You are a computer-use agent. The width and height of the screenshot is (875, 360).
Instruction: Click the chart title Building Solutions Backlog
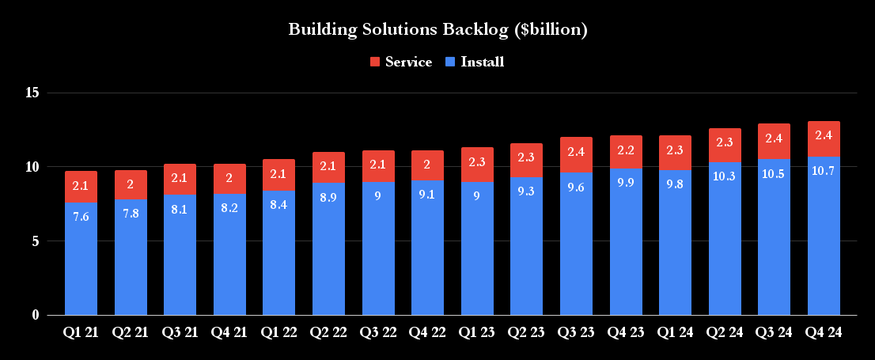(x=437, y=30)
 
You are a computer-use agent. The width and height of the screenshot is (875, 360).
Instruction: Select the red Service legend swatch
(x=375, y=62)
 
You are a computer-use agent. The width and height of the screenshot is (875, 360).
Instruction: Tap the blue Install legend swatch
(x=450, y=62)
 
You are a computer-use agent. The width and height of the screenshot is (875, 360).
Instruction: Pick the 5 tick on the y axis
(x=36, y=241)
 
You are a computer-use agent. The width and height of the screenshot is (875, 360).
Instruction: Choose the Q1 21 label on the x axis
(x=81, y=333)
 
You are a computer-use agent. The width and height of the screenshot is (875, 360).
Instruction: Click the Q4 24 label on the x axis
(x=824, y=333)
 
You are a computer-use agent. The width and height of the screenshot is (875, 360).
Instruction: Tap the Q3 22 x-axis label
(x=378, y=333)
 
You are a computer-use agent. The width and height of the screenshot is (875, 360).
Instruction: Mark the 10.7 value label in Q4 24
(x=824, y=170)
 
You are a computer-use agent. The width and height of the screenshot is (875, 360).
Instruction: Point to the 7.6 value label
(x=81, y=217)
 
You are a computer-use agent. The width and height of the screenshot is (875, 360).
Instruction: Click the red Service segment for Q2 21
(x=131, y=184)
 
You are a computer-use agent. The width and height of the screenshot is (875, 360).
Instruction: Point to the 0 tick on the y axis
(x=36, y=315)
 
